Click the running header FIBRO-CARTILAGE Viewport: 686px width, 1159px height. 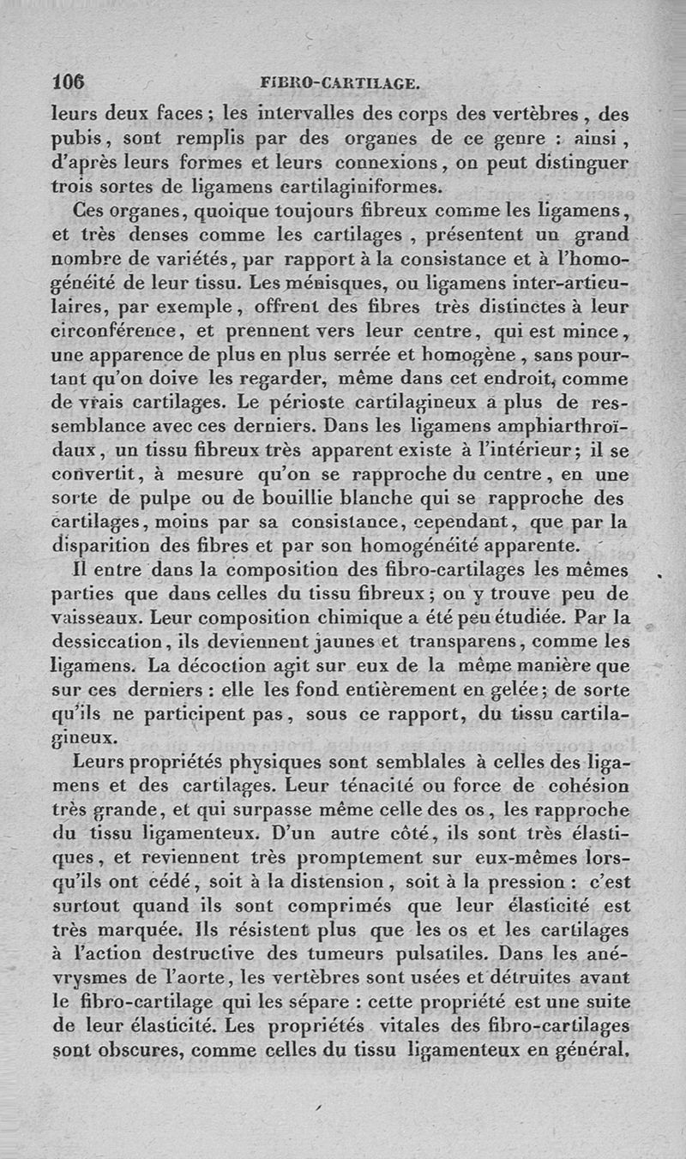pyautogui.click(x=340, y=83)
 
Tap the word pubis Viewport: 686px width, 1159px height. pyautogui.click(x=77, y=137)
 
